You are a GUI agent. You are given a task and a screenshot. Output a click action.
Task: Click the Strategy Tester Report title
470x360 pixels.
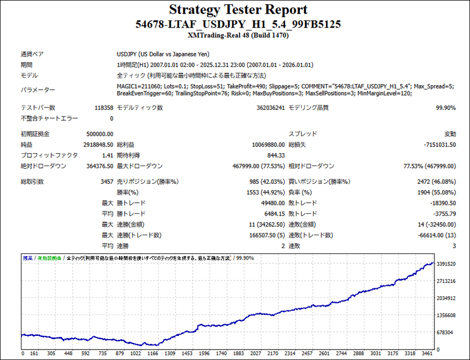[x=238, y=10]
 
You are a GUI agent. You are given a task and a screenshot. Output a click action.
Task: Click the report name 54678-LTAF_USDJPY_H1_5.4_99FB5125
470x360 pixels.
[x=238, y=25]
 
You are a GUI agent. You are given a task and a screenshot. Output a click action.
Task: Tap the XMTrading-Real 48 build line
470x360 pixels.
[x=238, y=36]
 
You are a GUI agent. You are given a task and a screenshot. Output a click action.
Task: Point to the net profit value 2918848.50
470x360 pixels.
[x=98, y=145]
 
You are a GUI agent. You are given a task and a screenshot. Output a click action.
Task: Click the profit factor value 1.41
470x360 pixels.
[x=108, y=155]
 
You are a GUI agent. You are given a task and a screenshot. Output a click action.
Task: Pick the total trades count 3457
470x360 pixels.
[x=106, y=182]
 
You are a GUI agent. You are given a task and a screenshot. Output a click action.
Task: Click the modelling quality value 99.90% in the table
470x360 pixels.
[x=445, y=108]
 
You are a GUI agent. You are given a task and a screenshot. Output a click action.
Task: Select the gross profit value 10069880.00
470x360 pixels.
[x=266, y=145]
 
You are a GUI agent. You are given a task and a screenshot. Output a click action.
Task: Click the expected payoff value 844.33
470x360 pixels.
[x=275, y=155]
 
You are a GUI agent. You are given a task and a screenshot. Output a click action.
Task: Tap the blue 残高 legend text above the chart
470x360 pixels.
[x=27, y=258]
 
